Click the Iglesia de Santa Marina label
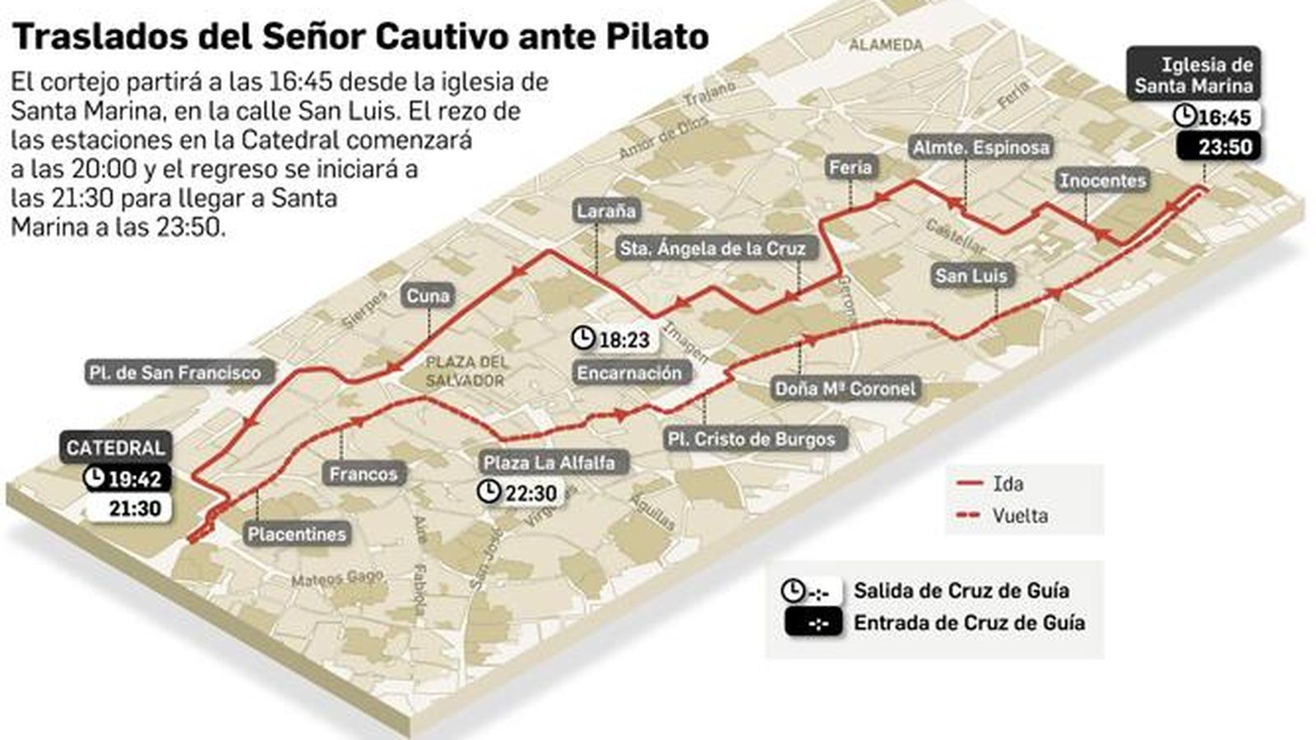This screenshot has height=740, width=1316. click(1193, 75)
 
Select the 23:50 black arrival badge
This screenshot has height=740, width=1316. click(1218, 147)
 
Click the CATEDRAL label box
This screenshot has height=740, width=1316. click(115, 448)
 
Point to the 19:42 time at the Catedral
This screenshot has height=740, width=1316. click(127, 479)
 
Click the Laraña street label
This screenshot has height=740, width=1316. click(606, 211)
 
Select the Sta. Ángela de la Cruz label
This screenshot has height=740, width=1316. click(712, 248)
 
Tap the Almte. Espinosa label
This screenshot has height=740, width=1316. click(980, 148)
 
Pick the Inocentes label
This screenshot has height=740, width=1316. click(1102, 180)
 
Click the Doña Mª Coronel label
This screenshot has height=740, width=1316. click(845, 389)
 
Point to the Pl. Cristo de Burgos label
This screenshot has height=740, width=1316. click(751, 440)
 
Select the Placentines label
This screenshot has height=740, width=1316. click(297, 534)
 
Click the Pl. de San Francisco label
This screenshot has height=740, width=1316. click(174, 372)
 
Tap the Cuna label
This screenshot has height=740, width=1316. click(428, 296)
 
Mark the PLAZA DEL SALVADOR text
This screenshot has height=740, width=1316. click(465, 372)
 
